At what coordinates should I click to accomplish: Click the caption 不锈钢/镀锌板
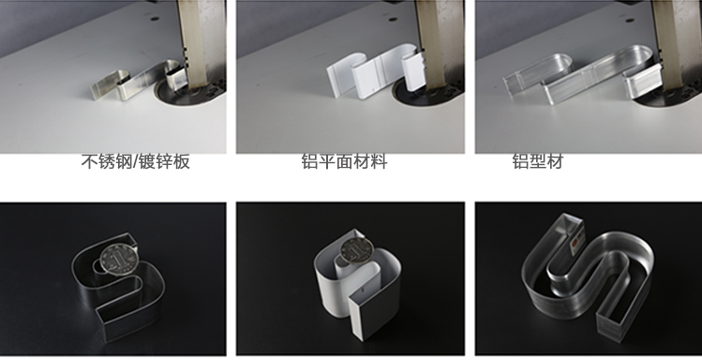pos(136,161)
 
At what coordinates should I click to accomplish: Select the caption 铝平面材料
pos(344,161)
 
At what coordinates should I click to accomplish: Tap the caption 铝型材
pos(538,161)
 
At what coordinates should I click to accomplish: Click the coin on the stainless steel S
pos(118,260)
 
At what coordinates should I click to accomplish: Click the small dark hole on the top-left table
pos(155,19)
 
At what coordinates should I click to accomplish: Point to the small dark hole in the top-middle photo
pos(393,20)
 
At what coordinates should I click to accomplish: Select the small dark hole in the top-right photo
pos(630,20)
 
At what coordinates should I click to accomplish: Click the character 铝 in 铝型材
pos(521,161)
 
